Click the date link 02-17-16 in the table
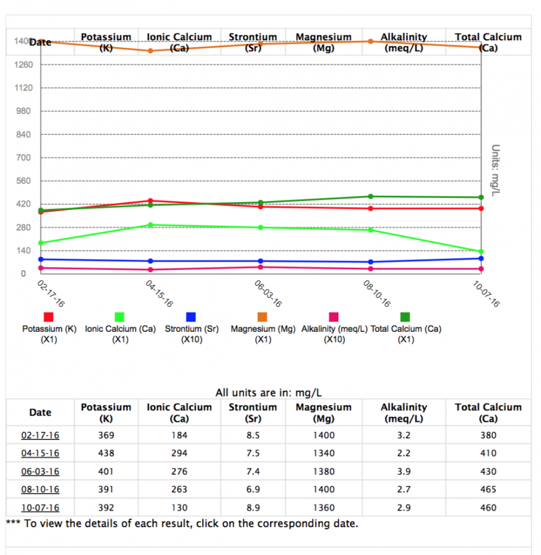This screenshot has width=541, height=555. point(40,435)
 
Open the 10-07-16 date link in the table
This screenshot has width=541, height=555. point(40,508)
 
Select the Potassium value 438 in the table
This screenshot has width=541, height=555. point(106,454)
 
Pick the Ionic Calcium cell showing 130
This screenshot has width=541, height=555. point(179,508)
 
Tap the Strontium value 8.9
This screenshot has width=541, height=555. point(253,508)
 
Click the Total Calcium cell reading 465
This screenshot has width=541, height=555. point(488,490)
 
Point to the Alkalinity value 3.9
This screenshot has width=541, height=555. point(404,471)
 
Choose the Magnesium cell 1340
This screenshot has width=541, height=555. point(323,454)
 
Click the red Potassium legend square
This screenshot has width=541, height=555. point(49,317)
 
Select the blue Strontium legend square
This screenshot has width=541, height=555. point(191,317)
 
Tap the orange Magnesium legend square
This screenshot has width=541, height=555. point(263,317)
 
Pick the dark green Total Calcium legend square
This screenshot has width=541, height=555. point(405,317)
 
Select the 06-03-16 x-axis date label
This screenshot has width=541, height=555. point(268,294)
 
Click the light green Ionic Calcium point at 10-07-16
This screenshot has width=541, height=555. point(481,252)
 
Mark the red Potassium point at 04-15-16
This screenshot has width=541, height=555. point(150,200)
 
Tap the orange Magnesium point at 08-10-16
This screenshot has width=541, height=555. point(371,41)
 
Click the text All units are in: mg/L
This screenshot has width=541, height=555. point(269,393)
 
